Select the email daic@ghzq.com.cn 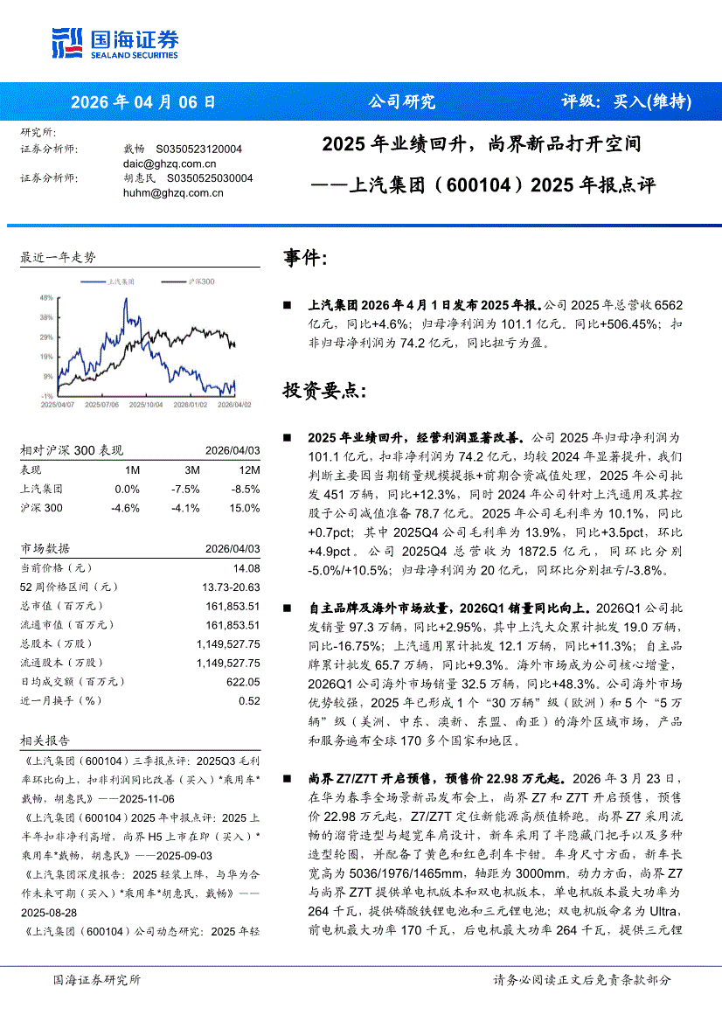(170, 163)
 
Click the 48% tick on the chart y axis (46, 297)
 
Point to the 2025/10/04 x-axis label (144, 405)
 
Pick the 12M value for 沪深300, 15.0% (245, 508)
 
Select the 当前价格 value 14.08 (246, 568)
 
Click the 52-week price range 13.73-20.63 (231, 587)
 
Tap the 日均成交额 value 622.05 (243, 681)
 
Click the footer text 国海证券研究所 (97, 980)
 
